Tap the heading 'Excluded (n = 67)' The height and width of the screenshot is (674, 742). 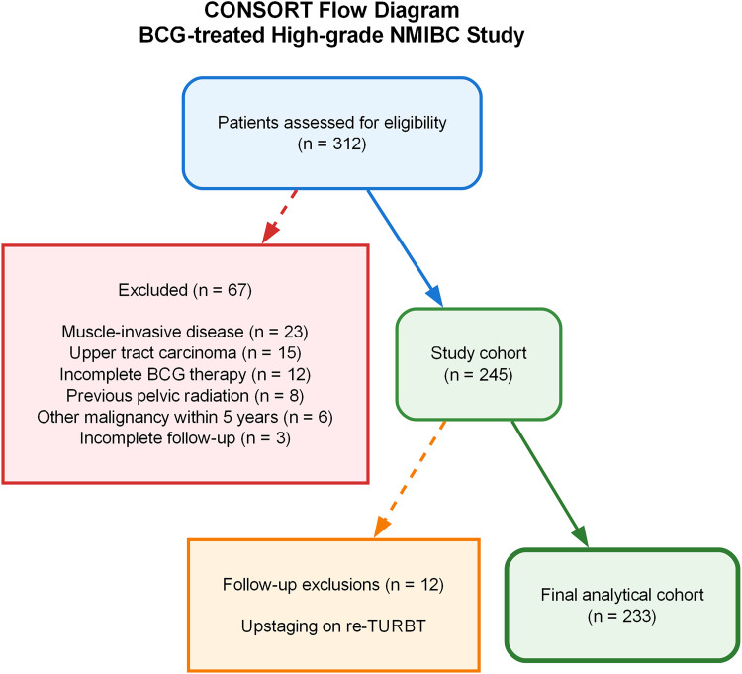pos(186,292)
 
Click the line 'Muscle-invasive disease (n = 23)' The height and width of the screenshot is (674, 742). pos(186,330)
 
